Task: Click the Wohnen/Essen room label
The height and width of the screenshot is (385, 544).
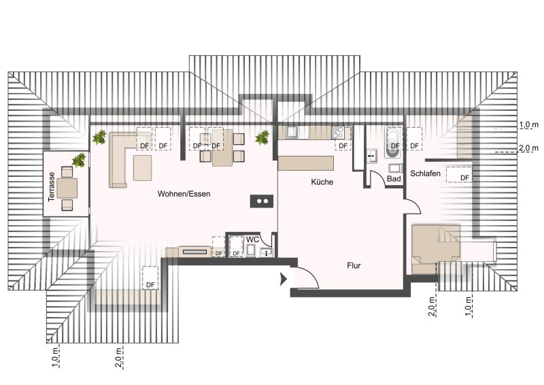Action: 184,194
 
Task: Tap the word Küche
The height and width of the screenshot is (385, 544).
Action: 322,182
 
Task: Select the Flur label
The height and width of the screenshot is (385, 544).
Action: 354,265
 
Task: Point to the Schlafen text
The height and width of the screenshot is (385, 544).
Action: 426,173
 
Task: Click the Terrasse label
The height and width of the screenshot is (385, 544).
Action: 52,187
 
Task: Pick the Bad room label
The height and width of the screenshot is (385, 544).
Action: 394,179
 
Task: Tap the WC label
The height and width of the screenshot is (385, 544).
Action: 252,239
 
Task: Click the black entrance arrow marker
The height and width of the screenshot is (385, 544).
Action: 284,279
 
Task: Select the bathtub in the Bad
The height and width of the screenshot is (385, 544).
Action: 393,143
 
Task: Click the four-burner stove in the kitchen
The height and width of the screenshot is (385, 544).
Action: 337,132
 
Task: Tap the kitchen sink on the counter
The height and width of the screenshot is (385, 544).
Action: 292,132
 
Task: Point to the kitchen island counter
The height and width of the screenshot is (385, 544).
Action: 306,163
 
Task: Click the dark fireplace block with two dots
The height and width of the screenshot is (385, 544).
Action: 262,201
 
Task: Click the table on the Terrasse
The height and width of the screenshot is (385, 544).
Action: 67,188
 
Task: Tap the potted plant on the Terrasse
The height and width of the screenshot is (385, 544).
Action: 79,161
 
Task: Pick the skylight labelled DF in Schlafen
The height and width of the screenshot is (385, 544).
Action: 459,175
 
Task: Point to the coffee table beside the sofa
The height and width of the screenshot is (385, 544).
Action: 143,168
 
